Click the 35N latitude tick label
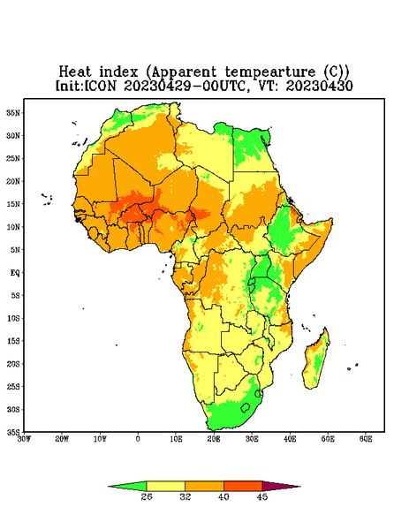click(x=13, y=112)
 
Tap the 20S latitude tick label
click(x=13, y=364)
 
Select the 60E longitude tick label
click(x=366, y=439)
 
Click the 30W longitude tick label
click(x=25, y=439)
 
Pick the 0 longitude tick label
click(x=138, y=439)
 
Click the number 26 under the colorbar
click(x=147, y=496)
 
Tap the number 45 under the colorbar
click(x=262, y=496)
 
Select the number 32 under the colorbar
click(x=186, y=496)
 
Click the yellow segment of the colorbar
click(x=165, y=486)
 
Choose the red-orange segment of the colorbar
click(x=243, y=486)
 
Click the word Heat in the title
click(x=75, y=72)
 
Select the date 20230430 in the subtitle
click(x=320, y=86)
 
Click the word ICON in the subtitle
click(x=100, y=86)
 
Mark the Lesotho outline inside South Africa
click(x=246, y=407)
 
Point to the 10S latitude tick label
click(x=13, y=318)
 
